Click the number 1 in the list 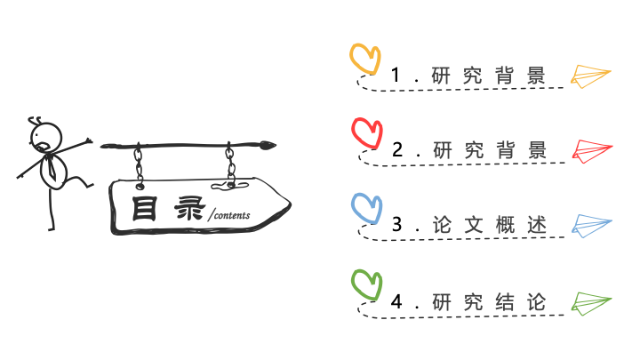tap(395, 75)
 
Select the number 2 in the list tap(397, 150)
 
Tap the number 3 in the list tap(397, 225)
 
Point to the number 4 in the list tap(396, 301)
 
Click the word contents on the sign tap(232, 215)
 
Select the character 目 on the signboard tap(144, 209)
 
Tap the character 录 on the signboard tap(189, 209)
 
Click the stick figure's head tap(46, 137)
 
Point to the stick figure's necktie tap(51, 167)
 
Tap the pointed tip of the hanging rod tap(276, 145)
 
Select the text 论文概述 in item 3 tap(490, 225)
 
